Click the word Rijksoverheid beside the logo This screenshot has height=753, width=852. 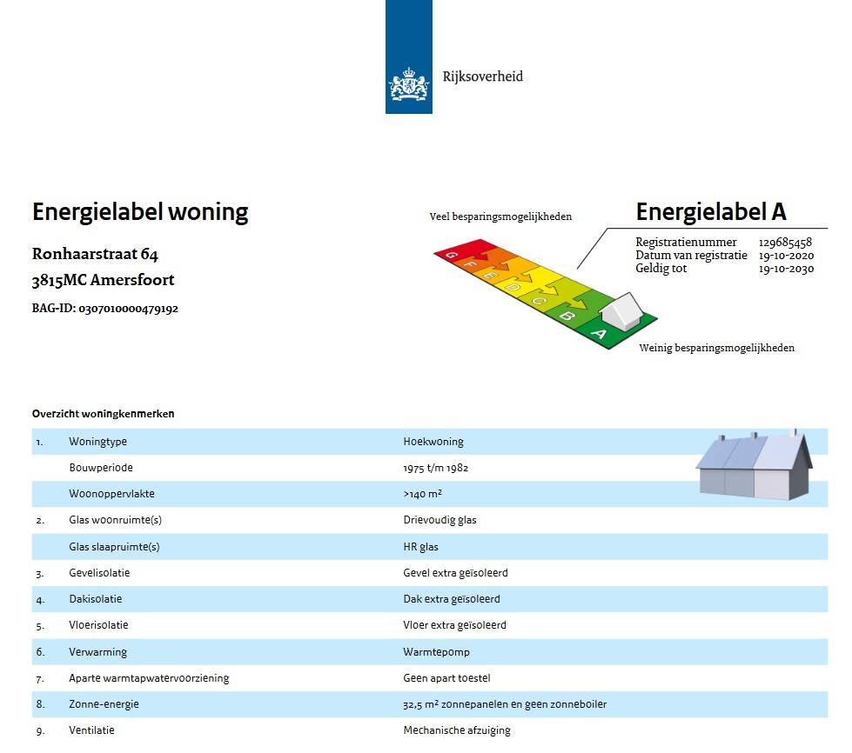pos(483,77)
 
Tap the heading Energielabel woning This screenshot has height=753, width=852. pos(140,212)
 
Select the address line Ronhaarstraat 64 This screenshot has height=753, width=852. pos(95,255)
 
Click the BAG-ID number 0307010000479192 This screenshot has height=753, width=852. pos(128,309)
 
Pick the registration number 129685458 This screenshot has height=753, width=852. pos(785,243)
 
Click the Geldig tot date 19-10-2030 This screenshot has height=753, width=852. pos(786,269)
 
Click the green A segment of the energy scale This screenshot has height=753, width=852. pos(599,334)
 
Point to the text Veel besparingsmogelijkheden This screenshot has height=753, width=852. pos(500,217)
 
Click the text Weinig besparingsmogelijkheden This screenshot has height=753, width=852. pos(716,348)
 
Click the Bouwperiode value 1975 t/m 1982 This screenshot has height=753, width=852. pos(436,468)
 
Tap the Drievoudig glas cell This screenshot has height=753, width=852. pos(439,520)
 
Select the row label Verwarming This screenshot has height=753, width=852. pos(97,651)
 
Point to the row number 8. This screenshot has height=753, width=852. pos(40,704)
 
